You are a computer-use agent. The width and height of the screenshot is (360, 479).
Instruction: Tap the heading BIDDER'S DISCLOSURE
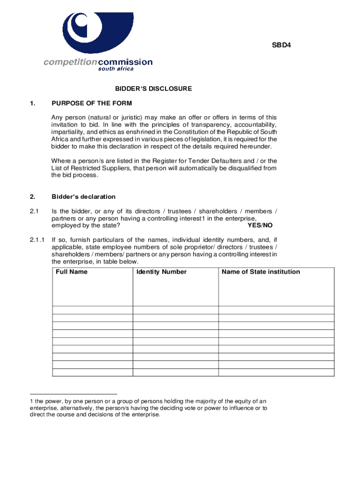tap(154, 88)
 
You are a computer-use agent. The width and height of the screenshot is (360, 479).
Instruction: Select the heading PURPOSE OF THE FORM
tap(92, 103)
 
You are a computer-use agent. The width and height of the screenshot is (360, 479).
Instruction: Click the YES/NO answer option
tap(260, 225)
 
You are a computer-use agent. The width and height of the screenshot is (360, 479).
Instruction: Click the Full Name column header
tap(72, 272)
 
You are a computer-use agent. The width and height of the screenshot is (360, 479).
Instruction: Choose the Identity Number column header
tap(162, 272)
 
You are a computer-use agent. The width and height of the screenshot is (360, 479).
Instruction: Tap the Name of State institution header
tap(261, 272)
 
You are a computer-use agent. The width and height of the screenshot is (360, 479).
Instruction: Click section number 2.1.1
tap(36, 239)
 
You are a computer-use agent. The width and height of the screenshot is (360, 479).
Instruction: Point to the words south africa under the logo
tap(115, 69)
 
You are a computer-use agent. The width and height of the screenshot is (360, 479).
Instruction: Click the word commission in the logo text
tap(125, 62)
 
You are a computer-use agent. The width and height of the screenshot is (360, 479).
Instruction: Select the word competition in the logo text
tap(71, 62)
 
